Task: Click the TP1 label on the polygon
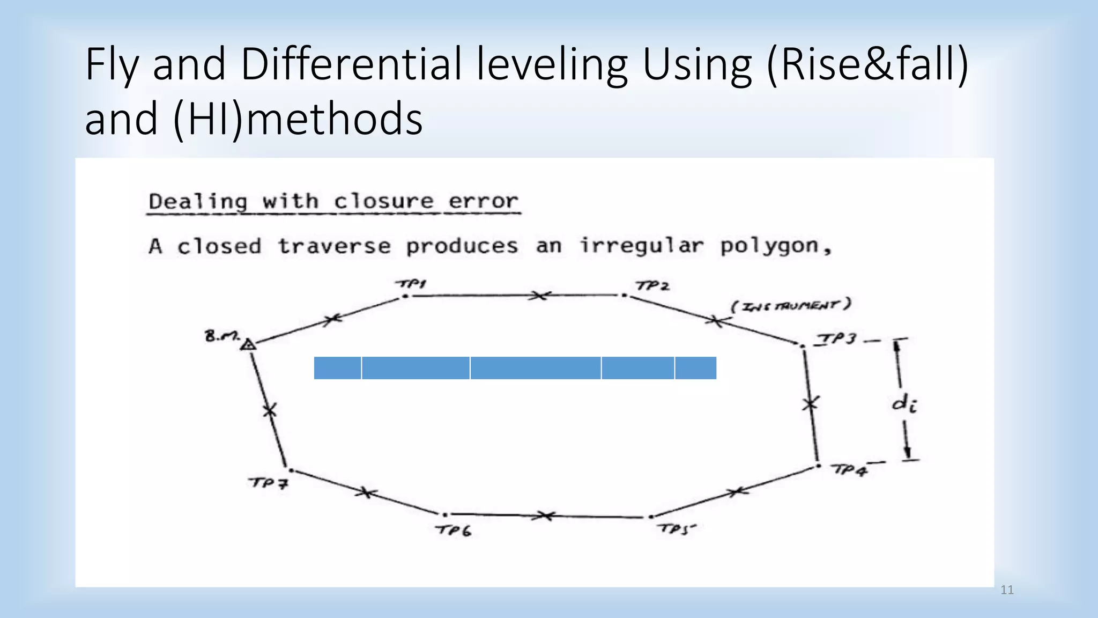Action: point(411,284)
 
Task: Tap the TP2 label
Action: point(652,286)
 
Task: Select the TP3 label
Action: point(836,339)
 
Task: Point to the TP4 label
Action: point(849,470)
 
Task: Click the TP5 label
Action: point(677,529)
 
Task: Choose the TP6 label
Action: point(453,531)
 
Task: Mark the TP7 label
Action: point(269,483)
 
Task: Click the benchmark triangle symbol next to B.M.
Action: point(248,344)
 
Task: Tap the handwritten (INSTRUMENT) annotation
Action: point(791,305)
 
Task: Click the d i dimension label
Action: point(904,403)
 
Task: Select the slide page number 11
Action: point(1007,590)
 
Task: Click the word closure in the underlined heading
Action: point(383,201)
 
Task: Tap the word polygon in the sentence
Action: point(775,246)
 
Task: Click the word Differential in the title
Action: point(351,64)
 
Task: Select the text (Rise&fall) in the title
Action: point(867,64)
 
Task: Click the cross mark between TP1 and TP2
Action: point(539,296)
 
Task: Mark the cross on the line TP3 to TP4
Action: point(810,403)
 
